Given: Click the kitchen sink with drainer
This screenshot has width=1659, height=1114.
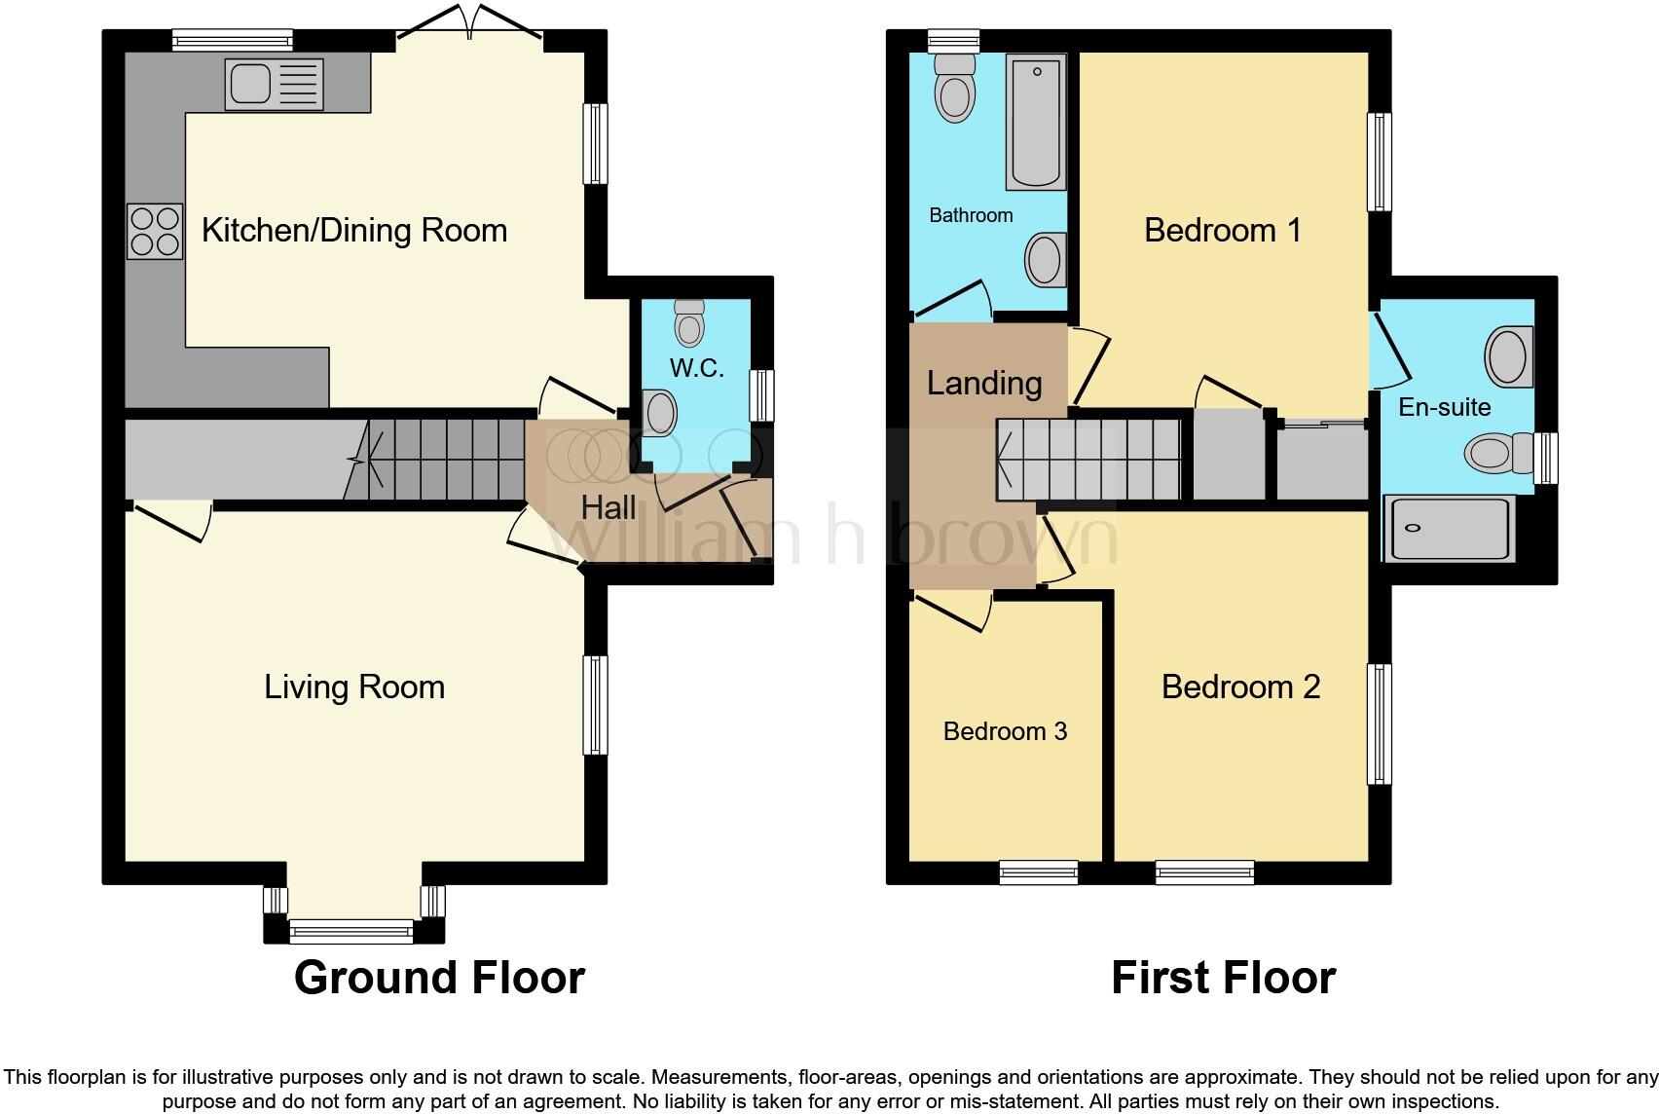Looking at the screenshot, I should click(273, 84).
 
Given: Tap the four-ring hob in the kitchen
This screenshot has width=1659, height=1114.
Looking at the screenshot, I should click(154, 231).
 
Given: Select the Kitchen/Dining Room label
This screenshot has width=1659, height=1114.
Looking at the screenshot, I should click(354, 231).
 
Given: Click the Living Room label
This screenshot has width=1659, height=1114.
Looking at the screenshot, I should click(354, 687).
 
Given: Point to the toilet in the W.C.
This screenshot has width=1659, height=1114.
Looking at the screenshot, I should click(689, 322).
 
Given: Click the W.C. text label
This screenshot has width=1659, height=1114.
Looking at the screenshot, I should click(697, 368).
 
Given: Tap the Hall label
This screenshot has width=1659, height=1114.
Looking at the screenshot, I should click(608, 507).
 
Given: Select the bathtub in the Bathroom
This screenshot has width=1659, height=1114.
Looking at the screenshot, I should click(1035, 123).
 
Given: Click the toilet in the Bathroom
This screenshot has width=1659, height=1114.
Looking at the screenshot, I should click(953, 87).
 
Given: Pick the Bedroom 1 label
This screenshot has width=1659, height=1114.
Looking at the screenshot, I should click(1223, 231).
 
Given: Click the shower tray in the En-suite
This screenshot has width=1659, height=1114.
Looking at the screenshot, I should click(1449, 530).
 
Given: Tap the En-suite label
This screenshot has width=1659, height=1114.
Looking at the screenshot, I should click(1444, 407).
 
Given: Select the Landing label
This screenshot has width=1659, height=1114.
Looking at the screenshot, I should click(983, 384).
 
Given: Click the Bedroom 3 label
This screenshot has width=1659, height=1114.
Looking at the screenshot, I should click(1005, 731).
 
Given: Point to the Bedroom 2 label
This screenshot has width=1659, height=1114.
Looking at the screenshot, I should click(1240, 687).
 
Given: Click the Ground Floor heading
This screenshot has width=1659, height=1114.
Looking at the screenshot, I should click(439, 978).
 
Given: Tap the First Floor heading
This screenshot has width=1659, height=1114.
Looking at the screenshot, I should click(1223, 978).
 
